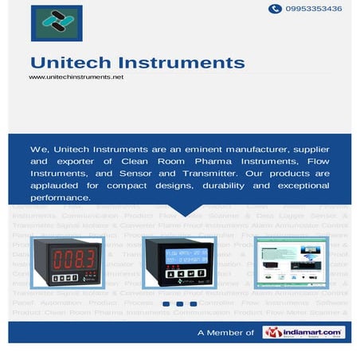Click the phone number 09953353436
coord(316,9)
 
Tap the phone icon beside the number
coord(275,9)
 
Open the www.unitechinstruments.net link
coord(76,77)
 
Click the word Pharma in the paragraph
coord(214,161)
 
